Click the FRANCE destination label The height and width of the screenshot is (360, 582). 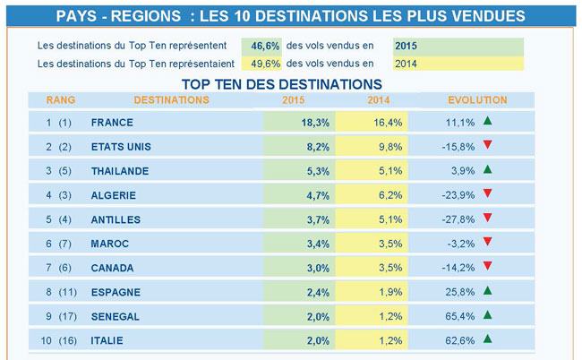click(112, 123)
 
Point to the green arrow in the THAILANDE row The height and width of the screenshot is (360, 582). click(487, 169)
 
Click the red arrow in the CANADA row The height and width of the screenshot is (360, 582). click(487, 266)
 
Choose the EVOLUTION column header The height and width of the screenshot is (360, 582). click(477, 100)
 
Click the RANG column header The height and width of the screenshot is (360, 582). click(61, 100)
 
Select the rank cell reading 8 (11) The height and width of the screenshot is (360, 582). click(60, 292)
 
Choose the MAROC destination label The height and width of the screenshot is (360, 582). click(110, 244)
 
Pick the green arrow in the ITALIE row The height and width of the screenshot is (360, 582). click(487, 339)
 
